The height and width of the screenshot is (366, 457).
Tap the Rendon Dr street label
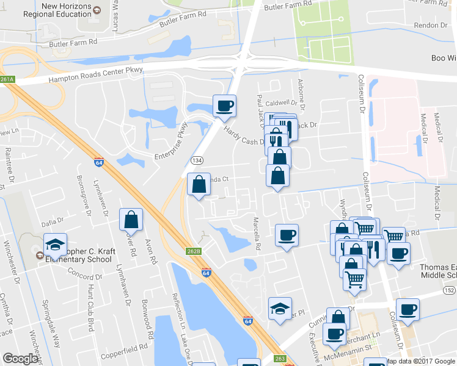[431, 25]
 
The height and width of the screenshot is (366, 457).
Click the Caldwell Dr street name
[281, 103]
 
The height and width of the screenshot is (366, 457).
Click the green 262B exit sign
[193, 251]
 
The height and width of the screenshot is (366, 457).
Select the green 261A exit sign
[7, 79]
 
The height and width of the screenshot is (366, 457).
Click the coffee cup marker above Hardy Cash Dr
[224, 106]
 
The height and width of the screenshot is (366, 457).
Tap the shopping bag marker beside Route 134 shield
[199, 184]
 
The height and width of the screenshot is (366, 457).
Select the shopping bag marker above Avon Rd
[131, 220]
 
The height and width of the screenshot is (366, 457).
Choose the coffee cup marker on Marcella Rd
[287, 235]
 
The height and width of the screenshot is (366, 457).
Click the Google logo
[21, 359]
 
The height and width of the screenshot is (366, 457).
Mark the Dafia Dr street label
[53, 223]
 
